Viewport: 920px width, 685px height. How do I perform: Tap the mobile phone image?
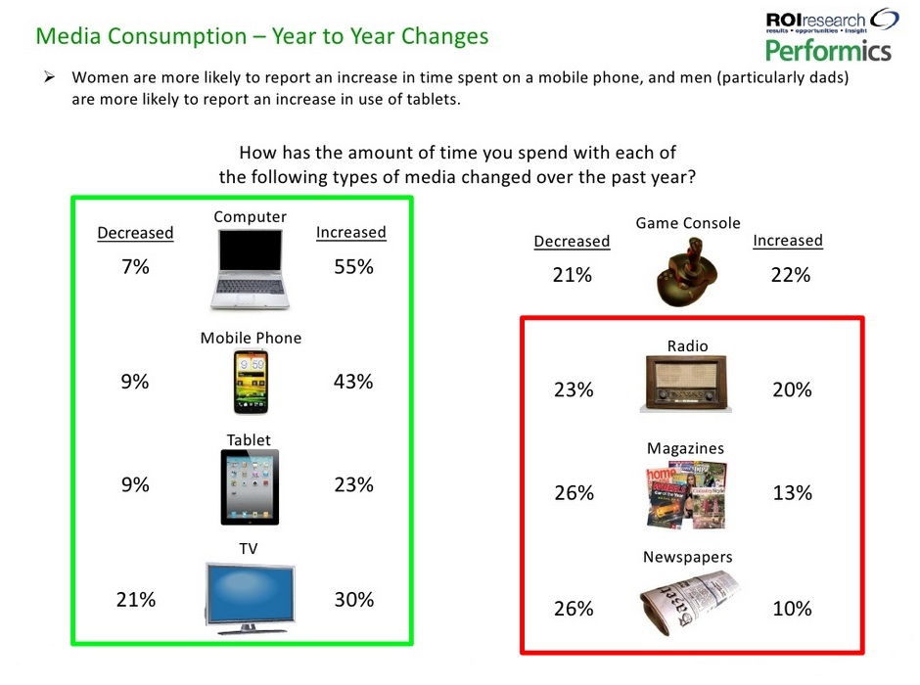(250, 382)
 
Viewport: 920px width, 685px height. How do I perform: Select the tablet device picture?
(250, 487)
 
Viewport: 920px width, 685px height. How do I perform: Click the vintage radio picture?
(687, 384)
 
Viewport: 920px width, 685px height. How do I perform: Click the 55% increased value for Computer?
(353, 266)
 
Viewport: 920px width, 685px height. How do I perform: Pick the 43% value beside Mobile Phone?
(353, 382)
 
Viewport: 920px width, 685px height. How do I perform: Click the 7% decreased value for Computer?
(135, 266)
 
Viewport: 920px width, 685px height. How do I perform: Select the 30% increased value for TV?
(353, 600)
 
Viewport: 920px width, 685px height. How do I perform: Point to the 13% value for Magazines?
(792, 492)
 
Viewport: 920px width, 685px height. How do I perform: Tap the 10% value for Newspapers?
(792, 608)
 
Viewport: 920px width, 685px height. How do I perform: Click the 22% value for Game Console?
(790, 275)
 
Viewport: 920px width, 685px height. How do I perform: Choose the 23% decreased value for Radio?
(573, 389)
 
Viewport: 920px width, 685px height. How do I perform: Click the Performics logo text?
(828, 50)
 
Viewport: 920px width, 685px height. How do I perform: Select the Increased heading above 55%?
(350, 232)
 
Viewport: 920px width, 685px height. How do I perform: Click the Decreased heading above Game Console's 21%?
(572, 241)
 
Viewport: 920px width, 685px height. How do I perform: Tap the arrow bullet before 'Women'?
(51, 77)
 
